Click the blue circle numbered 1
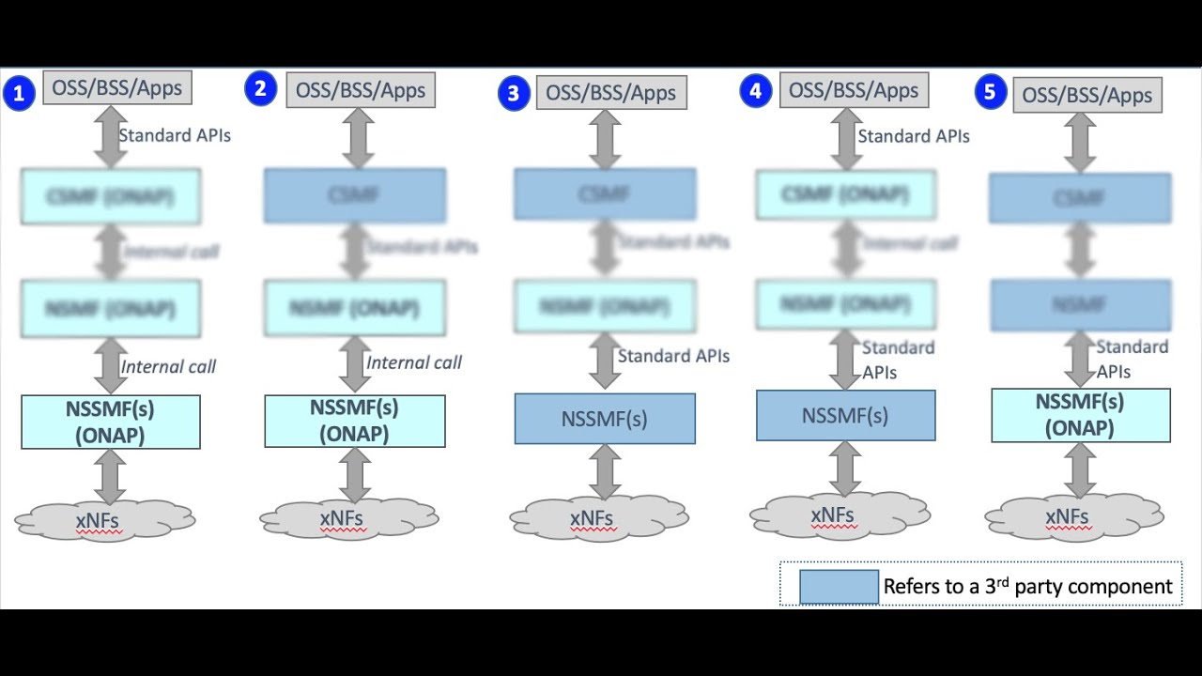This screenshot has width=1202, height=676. click(x=19, y=94)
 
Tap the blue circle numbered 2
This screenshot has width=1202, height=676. click(x=260, y=89)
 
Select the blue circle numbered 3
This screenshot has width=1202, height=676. click(x=513, y=94)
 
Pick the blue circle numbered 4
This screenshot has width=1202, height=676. click(x=755, y=91)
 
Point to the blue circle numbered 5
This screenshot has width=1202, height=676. click(x=990, y=93)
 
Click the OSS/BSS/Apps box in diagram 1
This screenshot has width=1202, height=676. click(x=117, y=88)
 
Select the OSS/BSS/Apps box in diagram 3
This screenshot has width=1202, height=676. click(x=611, y=93)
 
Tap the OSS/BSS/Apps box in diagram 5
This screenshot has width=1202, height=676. click(x=1087, y=96)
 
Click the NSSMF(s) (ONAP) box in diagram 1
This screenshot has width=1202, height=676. click(x=111, y=422)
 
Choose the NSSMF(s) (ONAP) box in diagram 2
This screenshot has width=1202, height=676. click(x=355, y=421)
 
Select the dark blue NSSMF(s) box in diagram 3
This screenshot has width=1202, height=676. click(x=605, y=419)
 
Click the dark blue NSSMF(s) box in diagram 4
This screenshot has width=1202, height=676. click(x=845, y=416)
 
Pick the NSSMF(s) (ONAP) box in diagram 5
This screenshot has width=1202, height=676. click(x=1081, y=415)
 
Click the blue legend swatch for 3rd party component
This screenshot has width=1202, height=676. click(x=839, y=587)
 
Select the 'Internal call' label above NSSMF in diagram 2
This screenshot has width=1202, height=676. click(x=413, y=363)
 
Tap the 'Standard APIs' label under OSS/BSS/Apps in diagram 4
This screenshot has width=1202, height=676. click(x=913, y=136)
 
